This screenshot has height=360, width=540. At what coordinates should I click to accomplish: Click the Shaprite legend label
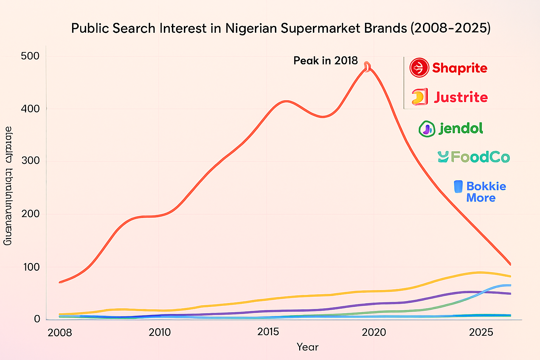(x=459, y=68)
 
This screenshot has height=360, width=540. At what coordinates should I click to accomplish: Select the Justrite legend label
(x=461, y=97)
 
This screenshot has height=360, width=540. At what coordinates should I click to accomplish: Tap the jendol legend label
(x=461, y=128)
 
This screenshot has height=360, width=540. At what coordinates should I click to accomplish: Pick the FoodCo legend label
(x=480, y=157)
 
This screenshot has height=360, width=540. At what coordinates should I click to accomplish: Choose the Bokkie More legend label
(x=486, y=192)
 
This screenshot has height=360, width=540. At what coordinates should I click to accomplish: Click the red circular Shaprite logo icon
(x=419, y=68)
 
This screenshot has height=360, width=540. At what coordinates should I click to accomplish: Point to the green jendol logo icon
(x=427, y=129)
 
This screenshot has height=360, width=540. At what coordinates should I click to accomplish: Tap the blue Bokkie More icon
(x=458, y=187)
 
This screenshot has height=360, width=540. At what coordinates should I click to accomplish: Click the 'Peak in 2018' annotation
(x=326, y=61)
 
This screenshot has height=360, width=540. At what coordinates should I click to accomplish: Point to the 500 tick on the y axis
(x=30, y=56)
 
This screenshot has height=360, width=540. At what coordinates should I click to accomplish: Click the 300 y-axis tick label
(x=30, y=161)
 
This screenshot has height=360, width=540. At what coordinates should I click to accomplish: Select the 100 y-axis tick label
(x=31, y=267)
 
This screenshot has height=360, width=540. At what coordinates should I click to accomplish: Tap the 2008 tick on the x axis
(x=60, y=333)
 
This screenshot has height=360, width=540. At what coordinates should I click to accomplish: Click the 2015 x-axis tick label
(x=268, y=332)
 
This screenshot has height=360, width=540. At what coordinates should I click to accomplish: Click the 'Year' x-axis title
(x=307, y=347)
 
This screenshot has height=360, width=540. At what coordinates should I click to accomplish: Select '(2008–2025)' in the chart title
(x=450, y=28)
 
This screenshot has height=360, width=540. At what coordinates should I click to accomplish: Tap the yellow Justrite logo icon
(x=419, y=97)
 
